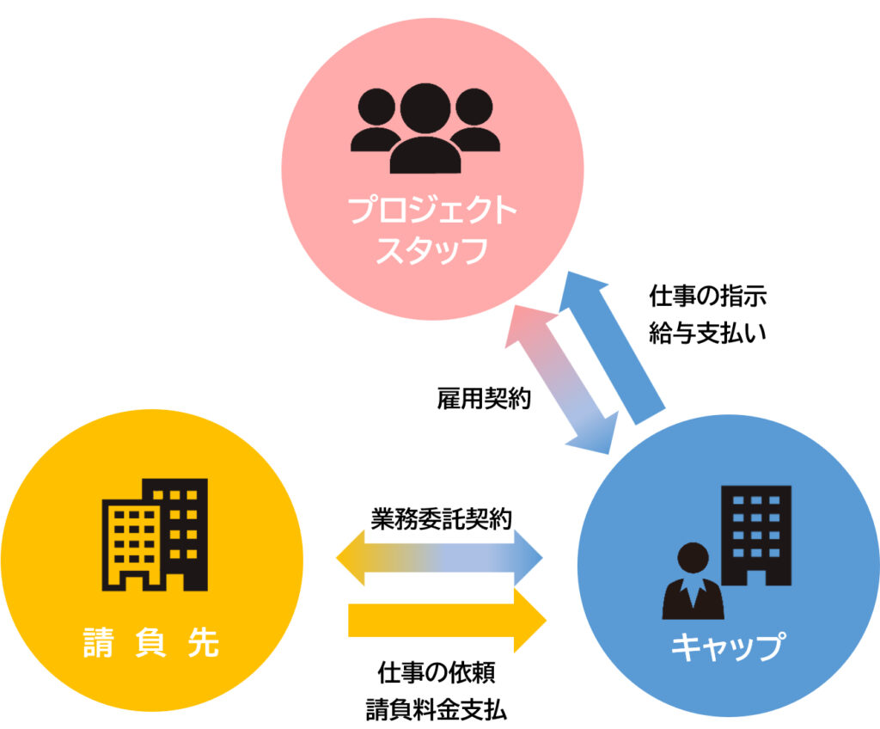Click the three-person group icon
pos(425,127)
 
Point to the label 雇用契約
pos(484,397)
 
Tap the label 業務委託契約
pos(442,519)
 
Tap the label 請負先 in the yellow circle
pos(151,641)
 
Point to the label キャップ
pos(728,646)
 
